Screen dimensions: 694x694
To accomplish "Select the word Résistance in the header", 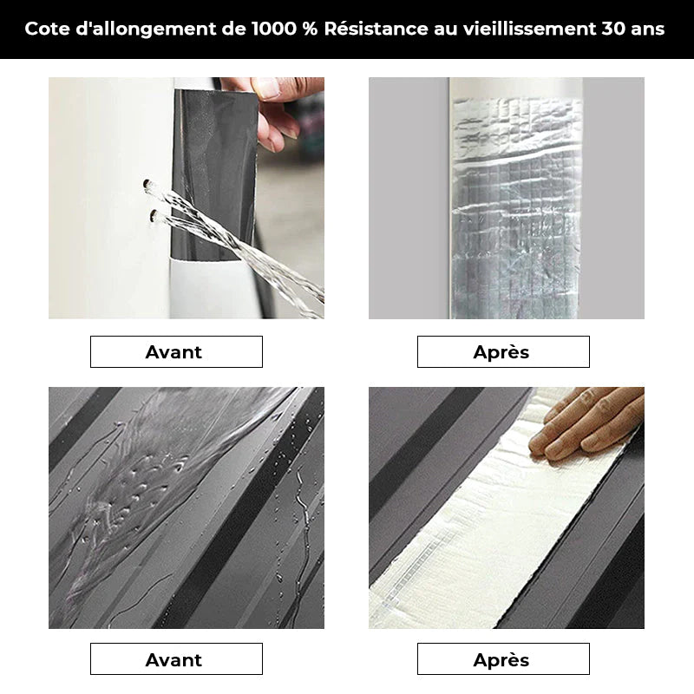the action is tap(376, 29).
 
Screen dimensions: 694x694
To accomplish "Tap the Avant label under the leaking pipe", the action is tap(173, 352).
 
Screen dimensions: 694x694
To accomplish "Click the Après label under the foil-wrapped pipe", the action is tap(501, 352).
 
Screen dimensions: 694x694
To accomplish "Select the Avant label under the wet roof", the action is tap(173, 659).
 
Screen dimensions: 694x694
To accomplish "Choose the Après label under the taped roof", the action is tap(501, 660).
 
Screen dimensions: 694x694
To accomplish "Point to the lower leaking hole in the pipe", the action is tap(154, 215).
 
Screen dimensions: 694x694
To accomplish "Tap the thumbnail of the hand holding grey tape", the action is tap(187, 198).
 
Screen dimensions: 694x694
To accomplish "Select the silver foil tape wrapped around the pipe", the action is tap(515, 208).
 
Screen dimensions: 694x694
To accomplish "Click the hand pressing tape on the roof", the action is tap(586, 422).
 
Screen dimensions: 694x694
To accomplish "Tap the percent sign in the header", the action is tap(310, 29).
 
